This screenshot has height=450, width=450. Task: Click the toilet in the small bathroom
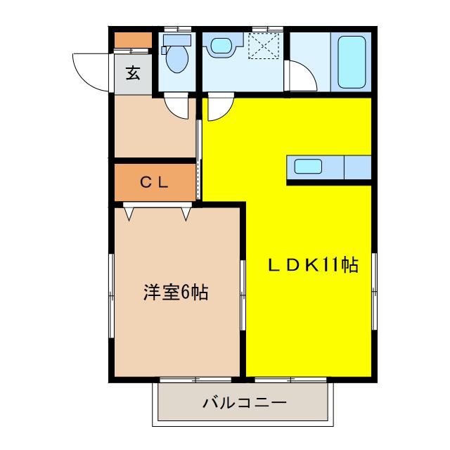coord(175,58)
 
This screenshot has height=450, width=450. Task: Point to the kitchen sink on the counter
coord(308,167)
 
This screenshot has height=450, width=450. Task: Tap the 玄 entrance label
coord(132,72)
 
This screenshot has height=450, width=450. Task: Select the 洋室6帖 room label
coord(175,292)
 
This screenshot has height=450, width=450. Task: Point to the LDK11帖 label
coord(312,265)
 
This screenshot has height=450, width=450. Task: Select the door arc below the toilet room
coord(177,106)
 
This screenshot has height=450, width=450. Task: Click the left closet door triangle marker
coord(129,212)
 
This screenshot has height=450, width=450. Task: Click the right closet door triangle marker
coord(186,212)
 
